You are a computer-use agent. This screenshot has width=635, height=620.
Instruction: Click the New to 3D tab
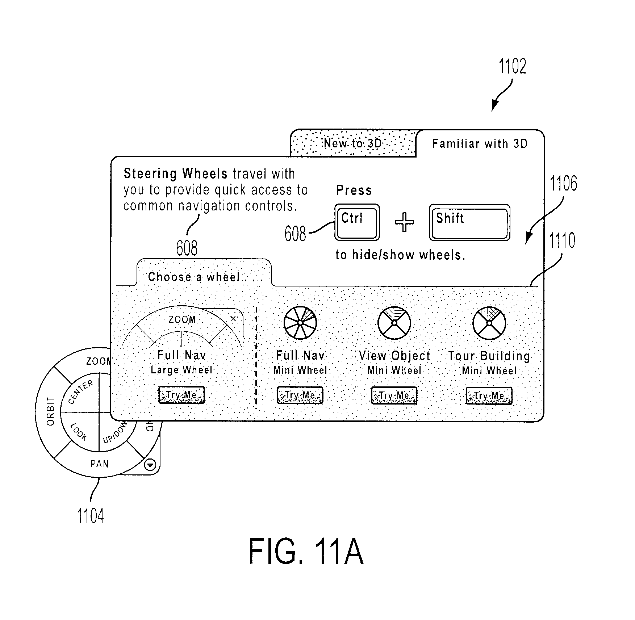(x=353, y=143)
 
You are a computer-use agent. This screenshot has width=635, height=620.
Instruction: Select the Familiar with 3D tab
(x=480, y=144)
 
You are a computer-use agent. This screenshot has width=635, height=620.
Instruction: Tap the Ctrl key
(x=357, y=222)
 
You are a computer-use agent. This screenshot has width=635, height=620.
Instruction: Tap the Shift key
(x=469, y=222)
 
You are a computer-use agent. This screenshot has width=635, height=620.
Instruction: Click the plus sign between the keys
(x=404, y=222)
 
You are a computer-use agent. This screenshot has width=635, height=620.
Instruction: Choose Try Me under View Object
(x=394, y=395)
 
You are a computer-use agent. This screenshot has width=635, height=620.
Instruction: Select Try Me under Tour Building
(x=489, y=395)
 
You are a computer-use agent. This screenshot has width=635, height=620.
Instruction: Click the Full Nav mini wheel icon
(x=300, y=323)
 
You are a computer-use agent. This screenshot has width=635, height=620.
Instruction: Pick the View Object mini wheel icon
(x=394, y=323)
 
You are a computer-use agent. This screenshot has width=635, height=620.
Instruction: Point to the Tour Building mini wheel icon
(x=489, y=323)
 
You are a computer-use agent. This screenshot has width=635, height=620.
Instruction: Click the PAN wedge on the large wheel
(x=99, y=464)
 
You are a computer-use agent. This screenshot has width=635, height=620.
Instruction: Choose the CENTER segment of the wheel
(x=80, y=392)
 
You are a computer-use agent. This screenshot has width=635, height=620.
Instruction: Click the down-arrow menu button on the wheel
(x=150, y=465)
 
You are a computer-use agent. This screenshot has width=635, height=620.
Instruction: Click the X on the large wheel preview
(x=233, y=319)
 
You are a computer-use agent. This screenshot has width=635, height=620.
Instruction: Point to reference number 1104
(x=91, y=516)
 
